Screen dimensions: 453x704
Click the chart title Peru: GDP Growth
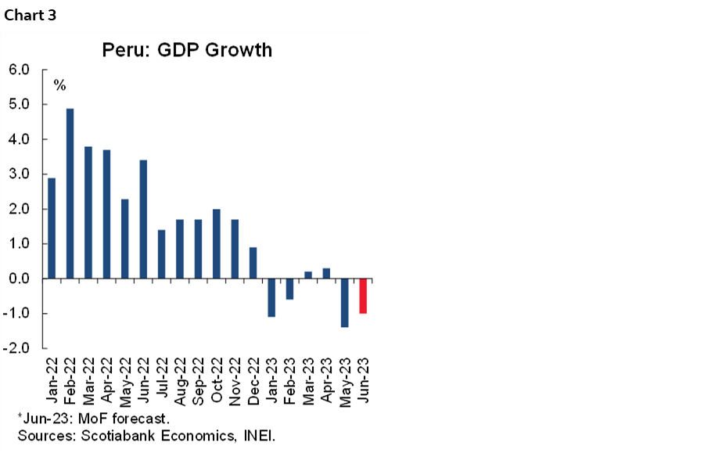[188, 50]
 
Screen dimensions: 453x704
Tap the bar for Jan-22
[52, 228]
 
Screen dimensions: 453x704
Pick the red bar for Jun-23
[363, 296]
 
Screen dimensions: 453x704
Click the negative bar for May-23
[344, 303]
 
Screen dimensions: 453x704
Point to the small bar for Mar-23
[307, 275]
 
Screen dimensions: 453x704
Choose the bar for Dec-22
[253, 263]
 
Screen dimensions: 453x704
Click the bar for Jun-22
[143, 219]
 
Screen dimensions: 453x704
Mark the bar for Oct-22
[217, 243]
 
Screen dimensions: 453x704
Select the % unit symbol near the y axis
[59, 84]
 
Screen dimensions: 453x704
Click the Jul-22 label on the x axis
[162, 382]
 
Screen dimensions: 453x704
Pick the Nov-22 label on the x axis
[235, 382]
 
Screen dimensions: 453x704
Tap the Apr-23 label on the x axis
[326, 382]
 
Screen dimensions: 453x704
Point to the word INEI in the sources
[260, 434]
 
